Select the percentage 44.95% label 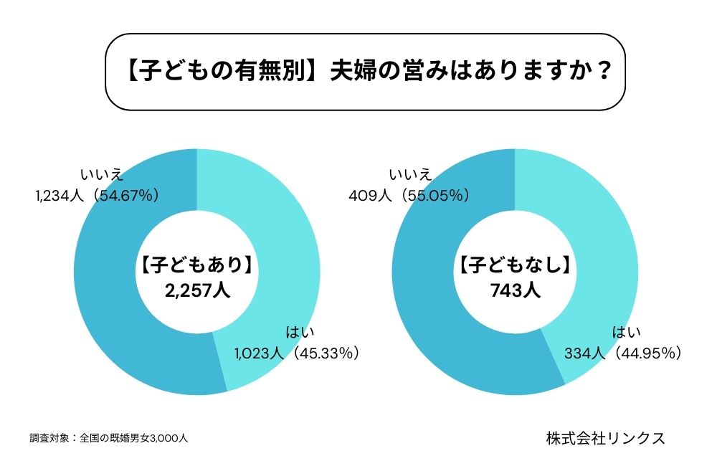click(648, 352)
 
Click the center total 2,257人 click(196, 292)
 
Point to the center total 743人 click(515, 292)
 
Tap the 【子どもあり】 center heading click(196, 267)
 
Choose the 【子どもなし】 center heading click(515, 267)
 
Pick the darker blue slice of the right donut click(423, 301)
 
